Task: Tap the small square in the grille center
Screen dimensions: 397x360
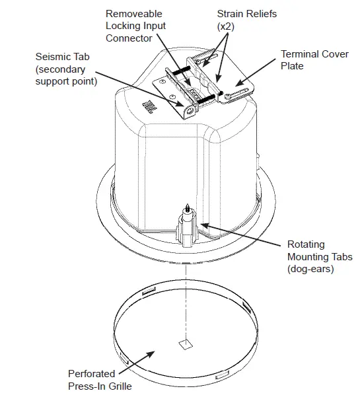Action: pyautogui.click(x=185, y=344)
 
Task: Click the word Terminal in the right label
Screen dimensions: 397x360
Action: pyautogui.click(x=301, y=54)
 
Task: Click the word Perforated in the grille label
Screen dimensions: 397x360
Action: pyautogui.click(x=90, y=373)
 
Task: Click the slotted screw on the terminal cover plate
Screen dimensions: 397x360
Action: pyautogui.click(x=228, y=96)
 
